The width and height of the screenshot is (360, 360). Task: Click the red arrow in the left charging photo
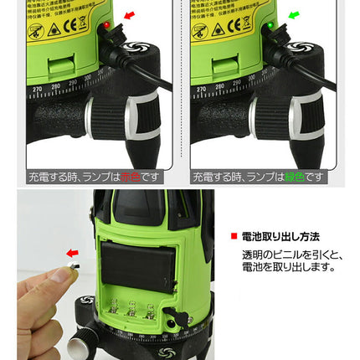[x=128, y=15]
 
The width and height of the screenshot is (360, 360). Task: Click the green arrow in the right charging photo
[x=293, y=15]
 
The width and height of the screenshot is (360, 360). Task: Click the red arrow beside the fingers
[x=73, y=252]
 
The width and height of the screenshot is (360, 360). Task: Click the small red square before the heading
[x=234, y=238]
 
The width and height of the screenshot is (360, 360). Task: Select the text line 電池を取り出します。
[x=285, y=268]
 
